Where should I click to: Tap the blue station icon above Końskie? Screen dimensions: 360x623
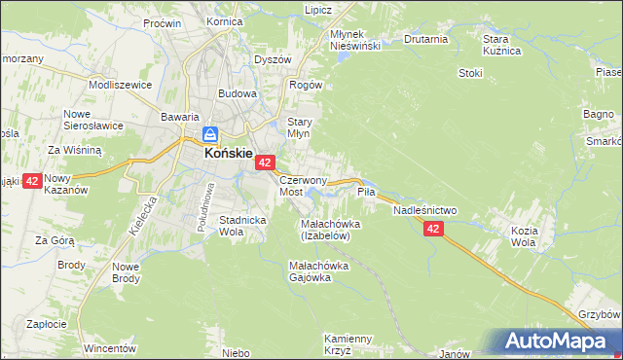coord(210,134)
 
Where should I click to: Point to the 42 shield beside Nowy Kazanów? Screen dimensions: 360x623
coord(31,181)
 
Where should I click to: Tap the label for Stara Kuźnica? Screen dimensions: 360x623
coord(502,45)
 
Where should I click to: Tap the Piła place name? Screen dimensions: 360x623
coord(366,192)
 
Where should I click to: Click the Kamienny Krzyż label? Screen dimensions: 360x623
coord(349,343)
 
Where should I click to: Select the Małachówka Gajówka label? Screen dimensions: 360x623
coord(324,270)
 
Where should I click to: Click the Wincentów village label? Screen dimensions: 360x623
coord(107,347)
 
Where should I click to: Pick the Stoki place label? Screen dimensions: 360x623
coord(470,72)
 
